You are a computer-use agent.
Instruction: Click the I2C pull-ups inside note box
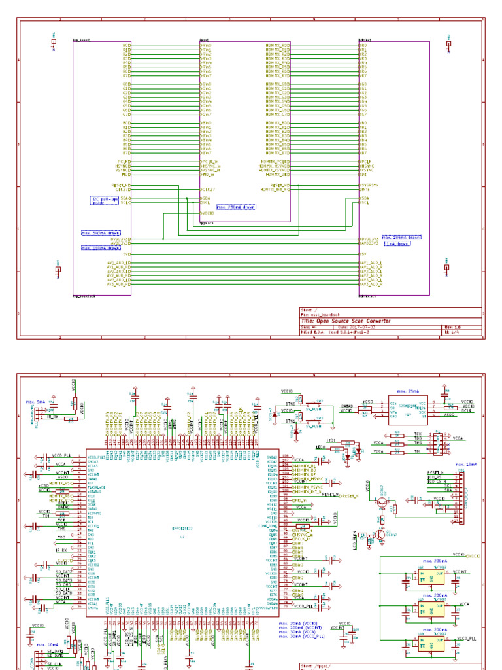[x=105, y=200]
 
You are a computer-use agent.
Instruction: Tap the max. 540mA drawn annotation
[x=100, y=232]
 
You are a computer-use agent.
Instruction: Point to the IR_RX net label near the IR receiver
[x=53, y=416]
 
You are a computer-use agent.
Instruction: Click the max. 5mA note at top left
[x=36, y=401]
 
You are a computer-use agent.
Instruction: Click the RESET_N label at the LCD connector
[x=435, y=472]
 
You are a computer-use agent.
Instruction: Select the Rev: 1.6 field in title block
[x=453, y=327]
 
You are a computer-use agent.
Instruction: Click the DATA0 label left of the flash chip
[x=347, y=406]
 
